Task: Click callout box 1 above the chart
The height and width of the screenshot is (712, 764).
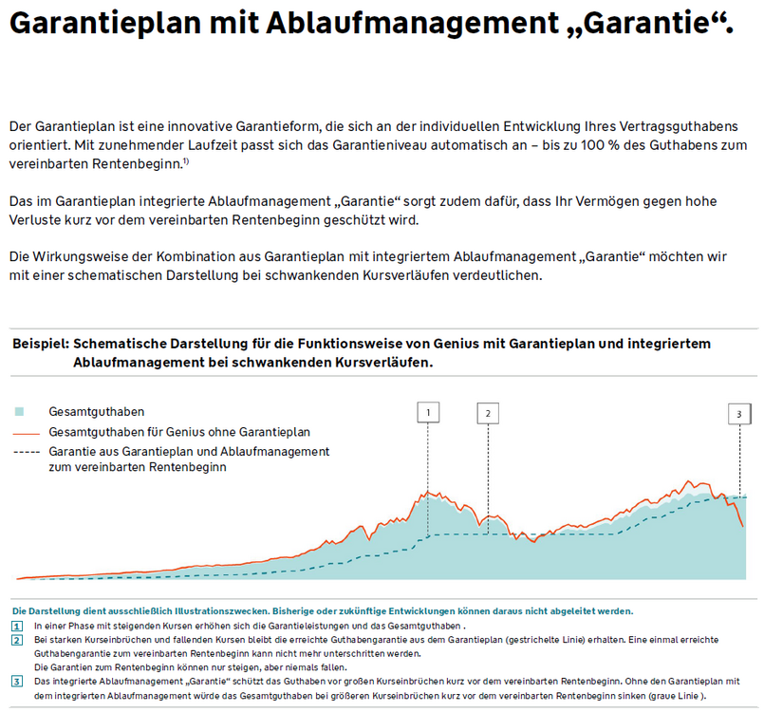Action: [428, 412]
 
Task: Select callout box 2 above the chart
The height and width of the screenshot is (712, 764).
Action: [488, 412]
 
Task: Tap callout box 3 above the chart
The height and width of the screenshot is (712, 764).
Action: [739, 413]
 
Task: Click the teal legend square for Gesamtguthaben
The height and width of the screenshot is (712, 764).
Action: [20, 412]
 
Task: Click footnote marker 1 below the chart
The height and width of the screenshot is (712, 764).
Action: [17, 627]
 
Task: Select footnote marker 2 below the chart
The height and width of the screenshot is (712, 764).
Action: [17, 641]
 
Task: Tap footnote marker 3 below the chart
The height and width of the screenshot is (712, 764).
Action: [17, 682]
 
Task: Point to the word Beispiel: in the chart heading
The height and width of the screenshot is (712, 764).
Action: [40, 345]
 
